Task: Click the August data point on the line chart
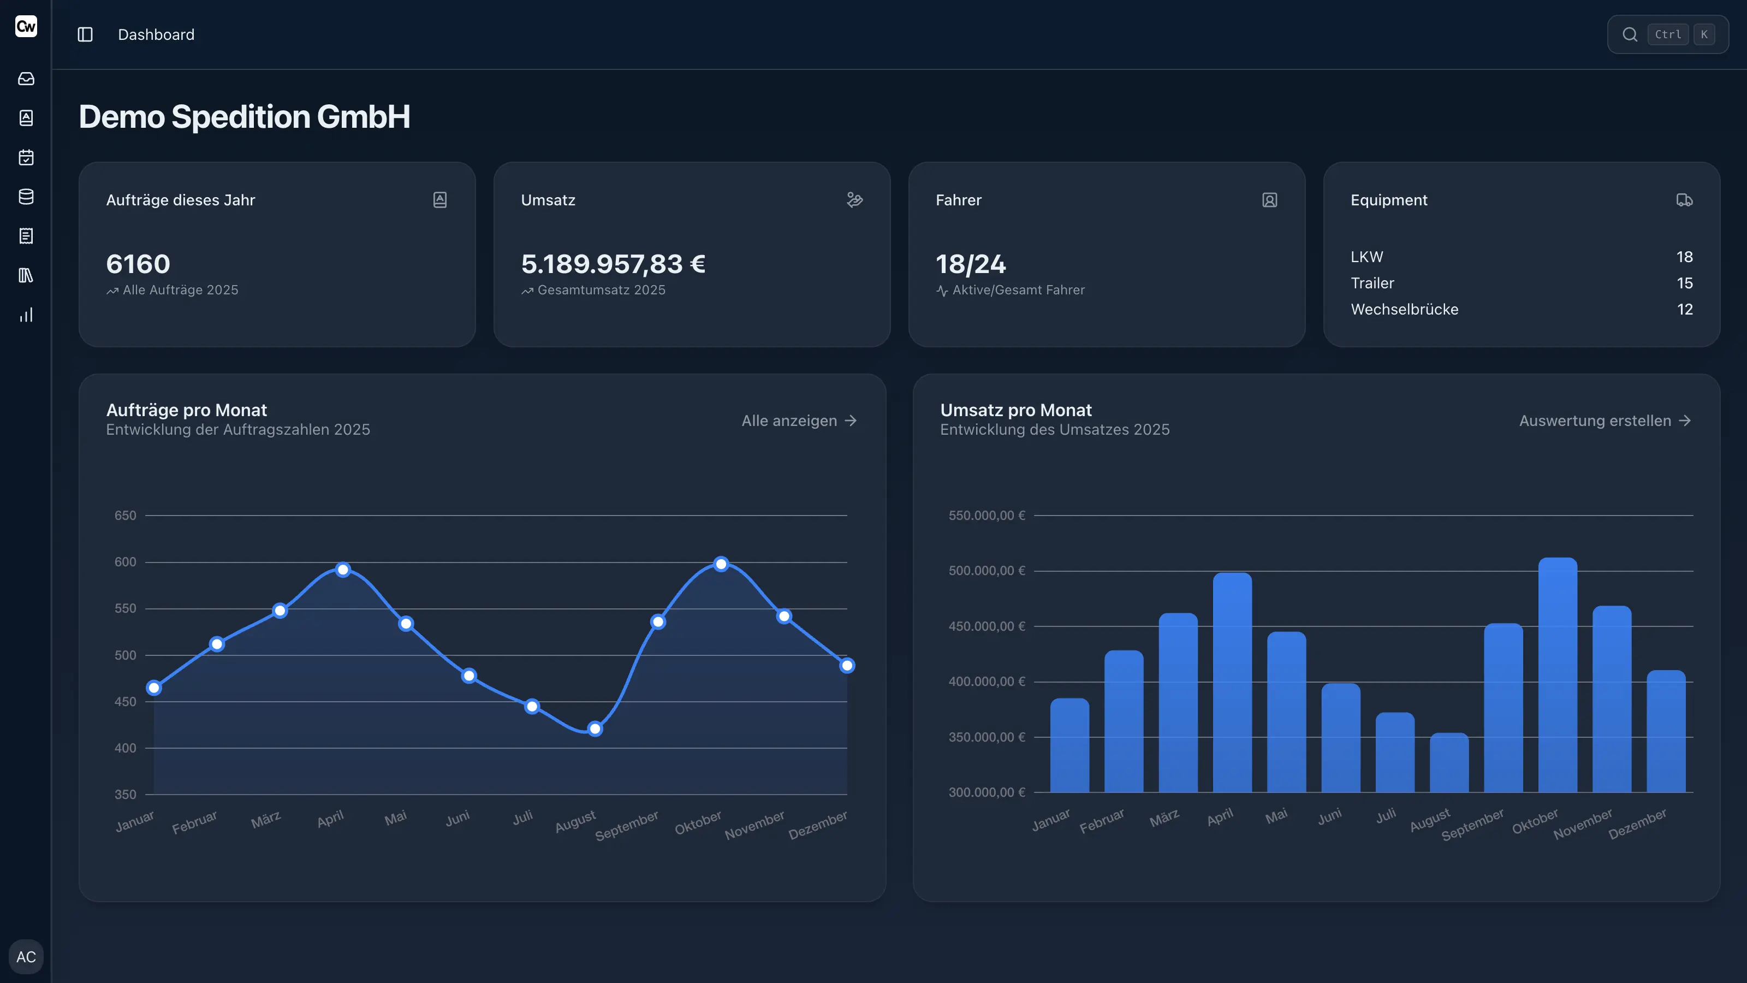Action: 595,729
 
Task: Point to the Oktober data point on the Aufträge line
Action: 721,564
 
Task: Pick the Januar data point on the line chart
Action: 154,688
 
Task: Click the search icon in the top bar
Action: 1630,34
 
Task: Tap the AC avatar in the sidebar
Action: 26,957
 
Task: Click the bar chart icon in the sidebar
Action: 26,315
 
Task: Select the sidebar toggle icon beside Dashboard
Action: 85,34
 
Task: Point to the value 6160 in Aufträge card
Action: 138,264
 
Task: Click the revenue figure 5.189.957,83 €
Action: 613,264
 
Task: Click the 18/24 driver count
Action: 971,264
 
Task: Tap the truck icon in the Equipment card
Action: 1684,200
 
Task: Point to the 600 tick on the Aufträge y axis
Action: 126,562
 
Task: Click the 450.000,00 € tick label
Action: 986,626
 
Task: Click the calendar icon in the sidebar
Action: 26,157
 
